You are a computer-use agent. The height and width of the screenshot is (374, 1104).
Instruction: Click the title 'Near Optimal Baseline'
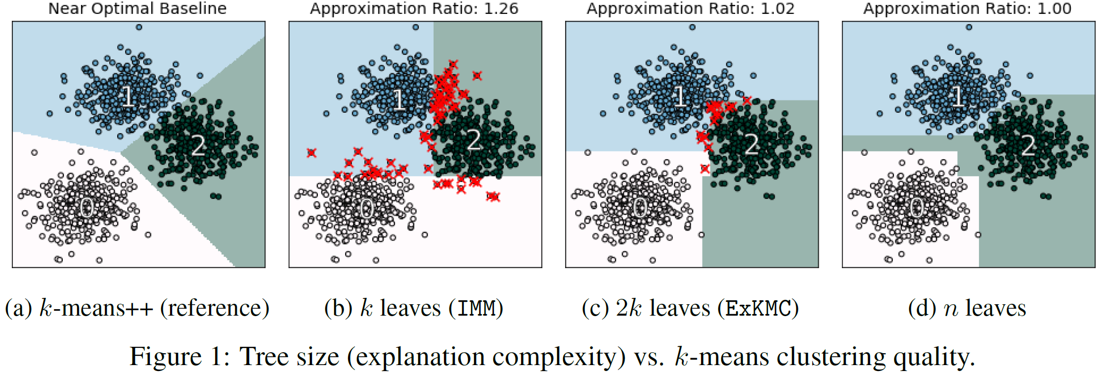tap(137, 8)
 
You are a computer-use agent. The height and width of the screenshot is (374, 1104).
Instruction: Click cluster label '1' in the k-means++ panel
tap(128, 96)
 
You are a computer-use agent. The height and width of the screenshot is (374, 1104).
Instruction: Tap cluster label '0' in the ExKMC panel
tap(641, 208)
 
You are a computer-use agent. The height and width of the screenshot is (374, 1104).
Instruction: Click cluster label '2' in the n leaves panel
tap(1028, 145)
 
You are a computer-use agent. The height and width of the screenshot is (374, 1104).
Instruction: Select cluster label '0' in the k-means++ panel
tap(87, 208)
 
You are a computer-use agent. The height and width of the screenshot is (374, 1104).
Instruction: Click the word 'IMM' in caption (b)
tap(476, 309)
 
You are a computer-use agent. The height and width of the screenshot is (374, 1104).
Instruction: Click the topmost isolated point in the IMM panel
tap(415, 27)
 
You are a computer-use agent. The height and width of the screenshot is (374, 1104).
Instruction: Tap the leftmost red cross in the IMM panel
tap(311, 152)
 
